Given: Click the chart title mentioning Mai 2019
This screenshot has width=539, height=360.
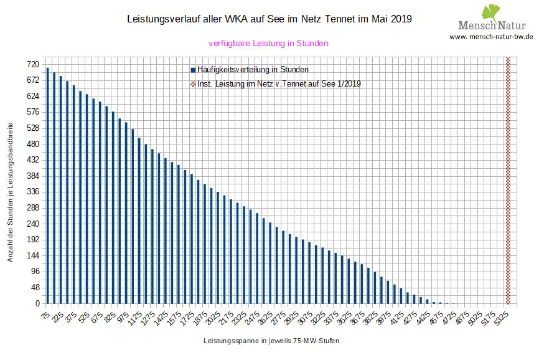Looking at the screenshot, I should tap(269, 19).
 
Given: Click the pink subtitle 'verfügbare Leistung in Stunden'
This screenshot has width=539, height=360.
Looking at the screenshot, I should tap(268, 43).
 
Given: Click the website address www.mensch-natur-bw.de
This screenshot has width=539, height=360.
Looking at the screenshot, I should tap(491, 37).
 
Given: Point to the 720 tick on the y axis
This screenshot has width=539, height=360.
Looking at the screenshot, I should tap(32, 64).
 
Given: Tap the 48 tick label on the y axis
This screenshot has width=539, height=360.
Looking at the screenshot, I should tap(34, 288).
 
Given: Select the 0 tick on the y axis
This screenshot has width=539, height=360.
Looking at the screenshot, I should tap(37, 304).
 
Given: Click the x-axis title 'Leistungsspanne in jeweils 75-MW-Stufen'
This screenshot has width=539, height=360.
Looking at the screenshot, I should tap(271, 342).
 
